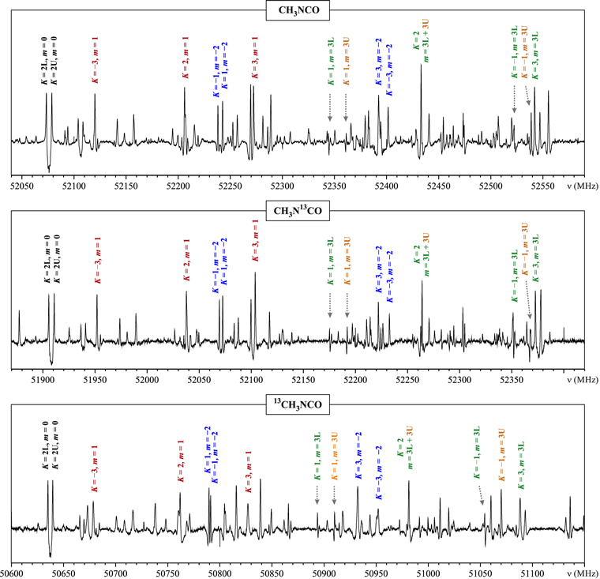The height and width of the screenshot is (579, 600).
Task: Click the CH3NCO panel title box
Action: pyautogui.click(x=299, y=9)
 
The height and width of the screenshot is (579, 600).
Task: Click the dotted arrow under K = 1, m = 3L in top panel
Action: pyautogui.click(x=330, y=107)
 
